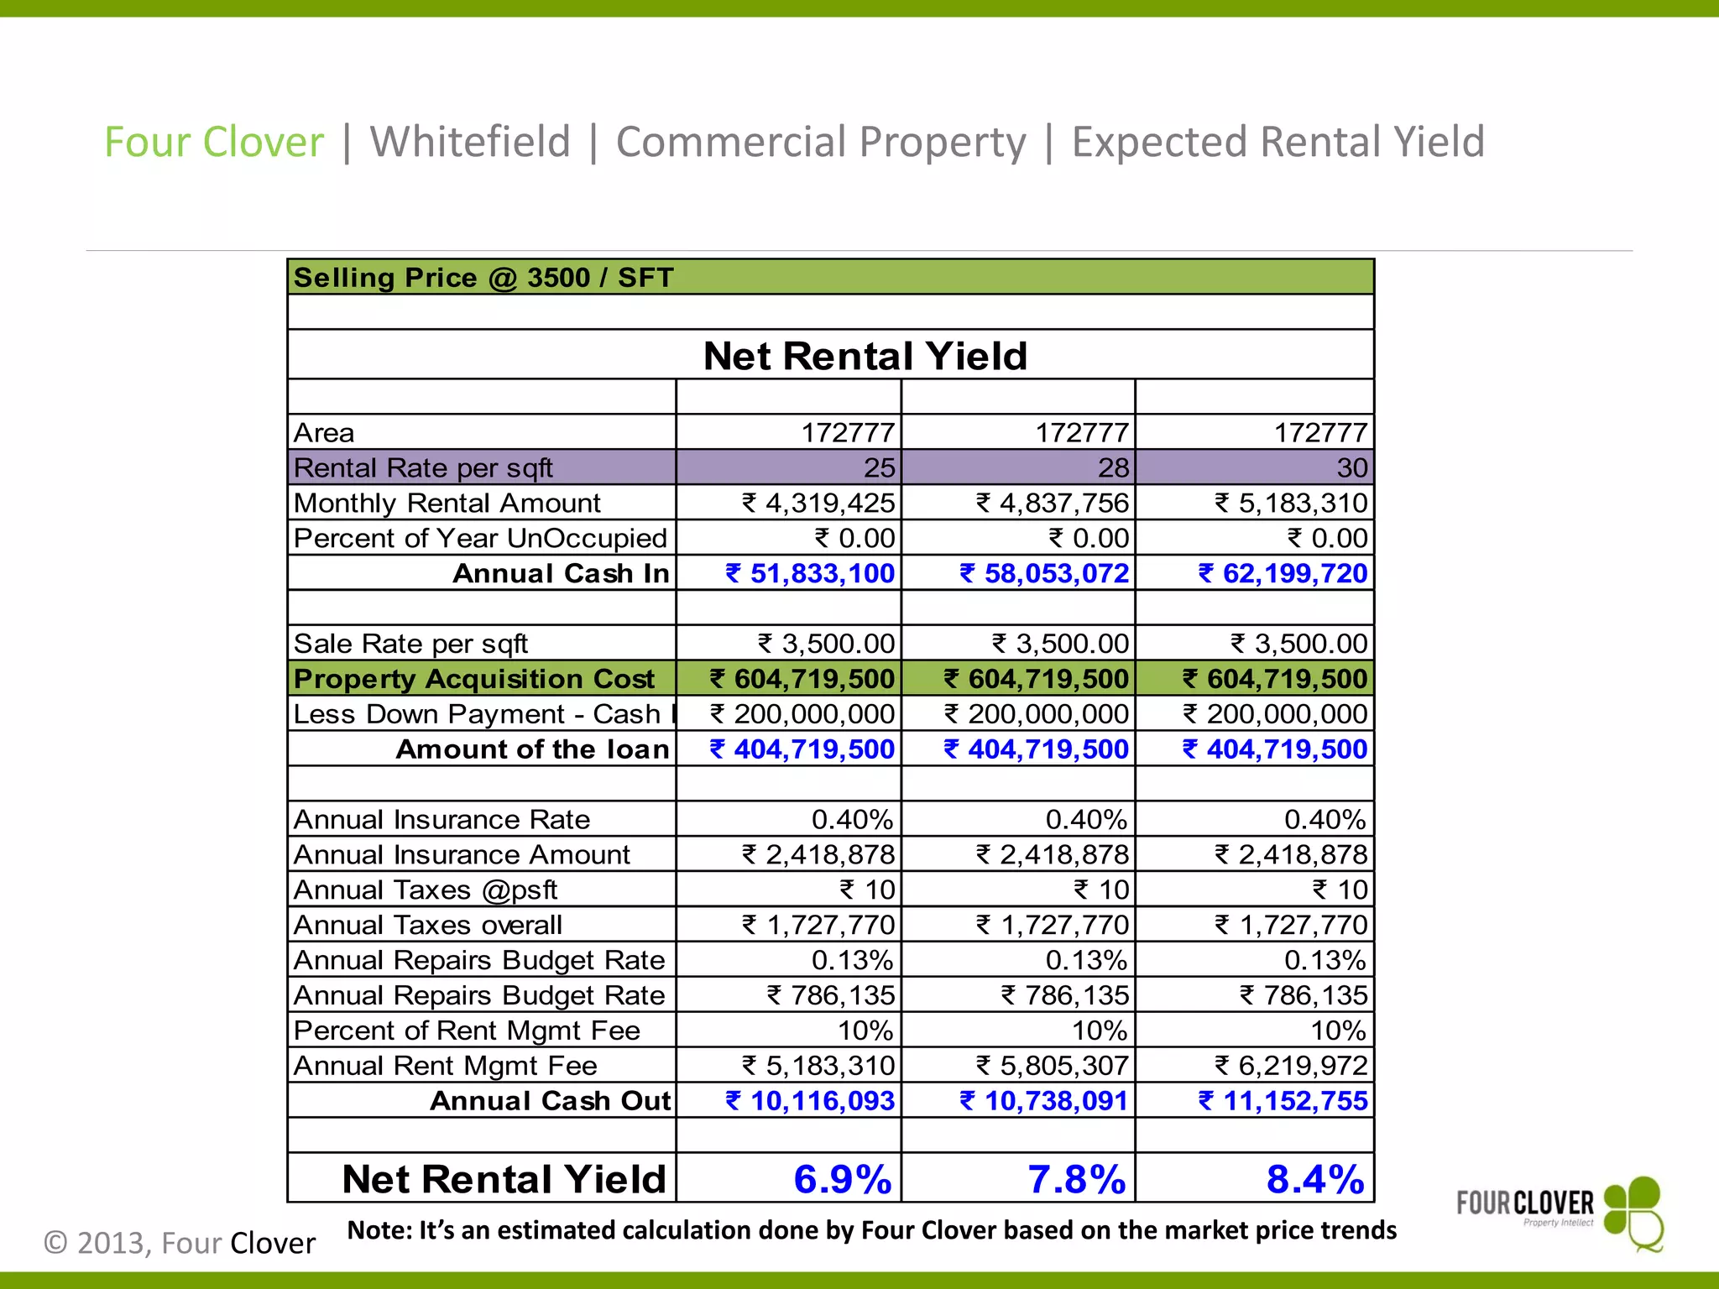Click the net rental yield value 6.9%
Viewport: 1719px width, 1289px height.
842,1179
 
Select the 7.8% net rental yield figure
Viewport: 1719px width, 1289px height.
1076,1179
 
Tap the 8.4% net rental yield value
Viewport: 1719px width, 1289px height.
1314,1179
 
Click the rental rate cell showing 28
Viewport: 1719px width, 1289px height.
1113,467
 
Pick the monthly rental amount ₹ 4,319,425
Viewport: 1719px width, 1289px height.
818,503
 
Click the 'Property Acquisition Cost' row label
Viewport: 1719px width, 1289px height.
473,678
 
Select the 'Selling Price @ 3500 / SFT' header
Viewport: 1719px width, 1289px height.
483,277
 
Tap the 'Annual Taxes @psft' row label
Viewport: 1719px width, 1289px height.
426,890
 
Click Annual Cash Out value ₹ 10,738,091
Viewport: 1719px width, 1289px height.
1044,1100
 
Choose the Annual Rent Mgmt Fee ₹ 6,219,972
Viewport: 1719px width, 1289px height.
1291,1065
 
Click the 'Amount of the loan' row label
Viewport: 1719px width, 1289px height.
533,749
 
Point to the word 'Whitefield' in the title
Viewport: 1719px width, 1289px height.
470,141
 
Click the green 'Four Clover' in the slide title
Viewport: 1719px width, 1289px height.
214,141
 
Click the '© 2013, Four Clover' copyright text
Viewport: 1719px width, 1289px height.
180,1243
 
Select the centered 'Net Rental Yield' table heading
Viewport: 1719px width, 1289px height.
865,356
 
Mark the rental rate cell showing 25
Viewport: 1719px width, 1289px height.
879,467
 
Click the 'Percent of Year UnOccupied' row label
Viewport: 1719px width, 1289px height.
480,538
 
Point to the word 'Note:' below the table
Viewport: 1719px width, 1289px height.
379,1230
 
